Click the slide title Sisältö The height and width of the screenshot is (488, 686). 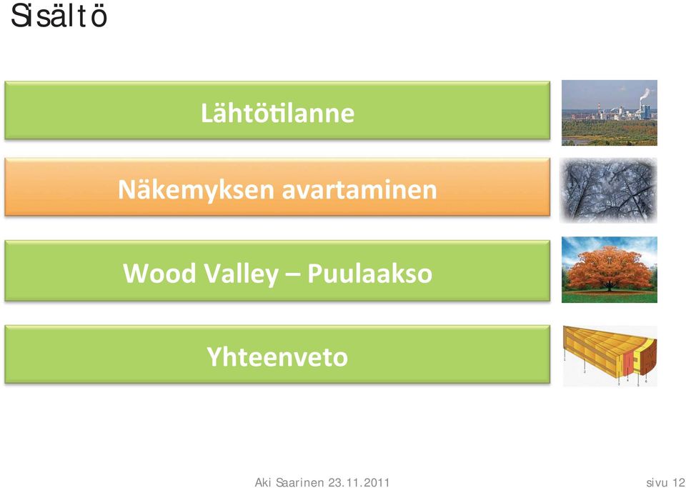click(x=59, y=16)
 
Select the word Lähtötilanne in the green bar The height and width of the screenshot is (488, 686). click(x=277, y=112)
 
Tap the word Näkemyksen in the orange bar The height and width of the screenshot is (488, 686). click(x=196, y=190)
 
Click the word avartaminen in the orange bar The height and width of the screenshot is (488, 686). click(x=359, y=190)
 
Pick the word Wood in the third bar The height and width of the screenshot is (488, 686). click(x=159, y=274)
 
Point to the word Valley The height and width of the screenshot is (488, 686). click(x=241, y=274)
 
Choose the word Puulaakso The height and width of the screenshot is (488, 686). click(x=369, y=274)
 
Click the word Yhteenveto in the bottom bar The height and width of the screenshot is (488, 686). click(x=277, y=357)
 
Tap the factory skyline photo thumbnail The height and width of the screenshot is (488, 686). click(x=610, y=113)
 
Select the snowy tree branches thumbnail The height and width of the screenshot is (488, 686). click(x=609, y=191)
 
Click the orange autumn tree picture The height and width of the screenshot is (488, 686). click(x=610, y=270)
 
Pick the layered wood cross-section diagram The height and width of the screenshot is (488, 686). click(x=610, y=356)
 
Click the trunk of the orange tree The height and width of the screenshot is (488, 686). click(x=609, y=287)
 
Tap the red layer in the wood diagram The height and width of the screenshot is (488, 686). click(x=628, y=364)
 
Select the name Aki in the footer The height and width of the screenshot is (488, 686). click(x=262, y=482)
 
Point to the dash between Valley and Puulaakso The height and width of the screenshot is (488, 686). click(x=293, y=275)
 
